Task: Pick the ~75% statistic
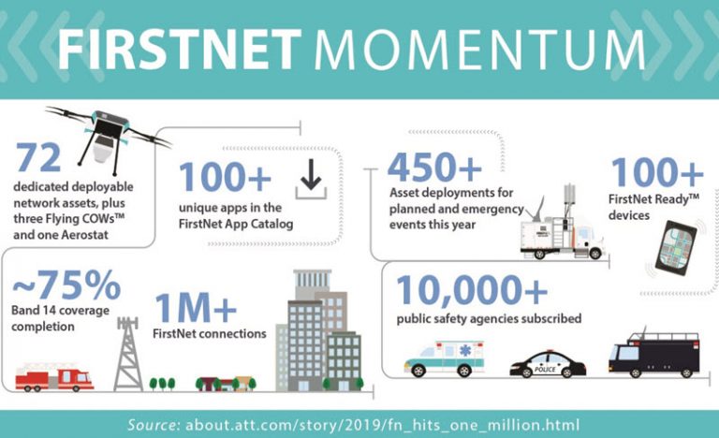[66, 284]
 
